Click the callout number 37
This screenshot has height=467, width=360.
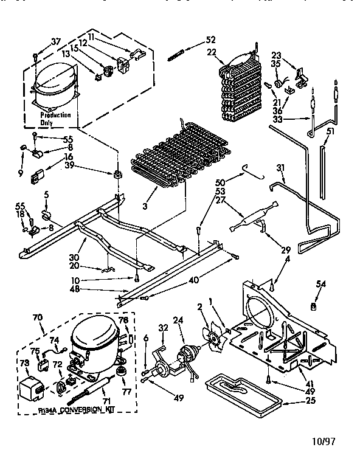55,41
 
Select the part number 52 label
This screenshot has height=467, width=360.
210,40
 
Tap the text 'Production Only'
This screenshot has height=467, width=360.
55,119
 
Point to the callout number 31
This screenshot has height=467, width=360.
280,168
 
